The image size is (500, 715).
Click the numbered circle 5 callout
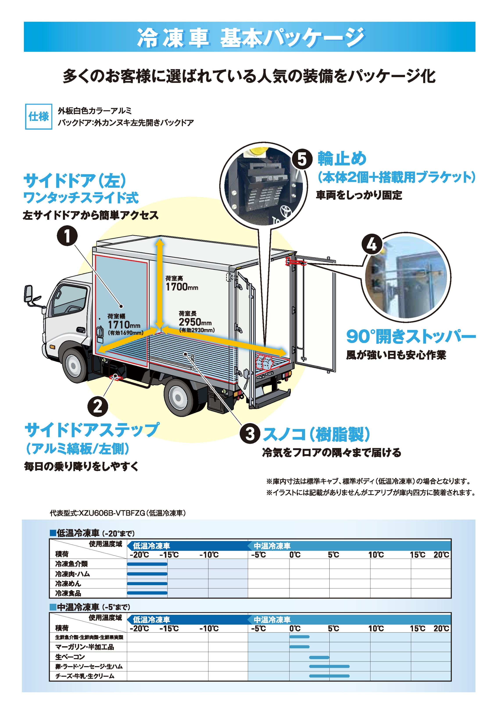coord(302,159)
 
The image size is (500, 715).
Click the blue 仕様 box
coord(39,116)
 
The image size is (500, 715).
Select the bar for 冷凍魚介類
coord(147,564)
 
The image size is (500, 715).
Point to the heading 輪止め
coord(342,159)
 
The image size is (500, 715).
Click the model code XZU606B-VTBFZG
coord(112,513)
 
